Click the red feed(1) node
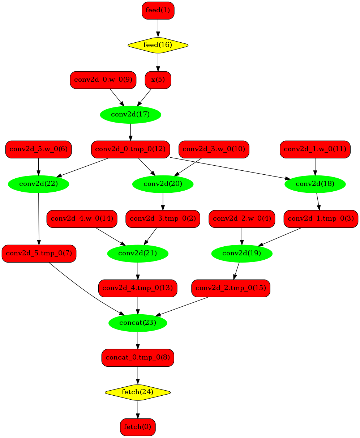[158, 10]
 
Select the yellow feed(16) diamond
[158, 45]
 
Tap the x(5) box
[158, 80]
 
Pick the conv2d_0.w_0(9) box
[103, 80]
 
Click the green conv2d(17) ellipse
[130, 115]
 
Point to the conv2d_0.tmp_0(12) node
[130, 149]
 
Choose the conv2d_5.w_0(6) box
[39, 149]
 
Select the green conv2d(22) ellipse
[39, 184]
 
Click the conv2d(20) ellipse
[163, 184]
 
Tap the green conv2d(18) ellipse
[315, 184]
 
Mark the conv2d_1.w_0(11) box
[315, 149]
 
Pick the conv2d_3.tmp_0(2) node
[163, 219]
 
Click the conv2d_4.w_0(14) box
[82, 219]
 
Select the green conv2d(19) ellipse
[242, 254]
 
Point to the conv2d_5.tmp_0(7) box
[39, 254]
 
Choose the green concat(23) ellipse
[138, 323]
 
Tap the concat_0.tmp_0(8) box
[138, 358]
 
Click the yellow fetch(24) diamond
[138, 392]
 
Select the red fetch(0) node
[138, 427]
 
